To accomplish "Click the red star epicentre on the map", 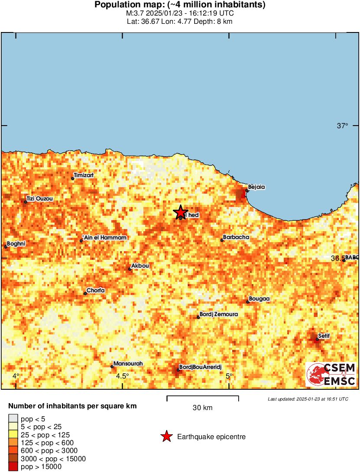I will (x=180, y=212).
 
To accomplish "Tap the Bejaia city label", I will (x=256, y=187).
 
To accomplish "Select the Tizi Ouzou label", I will (x=39, y=199).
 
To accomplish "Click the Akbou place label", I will (x=140, y=266).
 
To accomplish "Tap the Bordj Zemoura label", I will (x=218, y=314).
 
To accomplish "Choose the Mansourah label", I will (x=128, y=364).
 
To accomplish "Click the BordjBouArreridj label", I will (x=200, y=367).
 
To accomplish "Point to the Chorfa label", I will (x=95, y=291).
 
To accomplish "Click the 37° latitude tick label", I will (x=343, y=126).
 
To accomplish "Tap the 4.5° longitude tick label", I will (x=123, y=376).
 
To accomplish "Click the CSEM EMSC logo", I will (x=331, y=375).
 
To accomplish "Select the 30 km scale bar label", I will (x=202, y=408).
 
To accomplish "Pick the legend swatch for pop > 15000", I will (x=13, y=467).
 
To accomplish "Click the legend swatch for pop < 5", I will (x=13, y=419).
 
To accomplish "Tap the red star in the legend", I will (x=166, y=437).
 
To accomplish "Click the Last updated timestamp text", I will (x=308, y=399).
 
